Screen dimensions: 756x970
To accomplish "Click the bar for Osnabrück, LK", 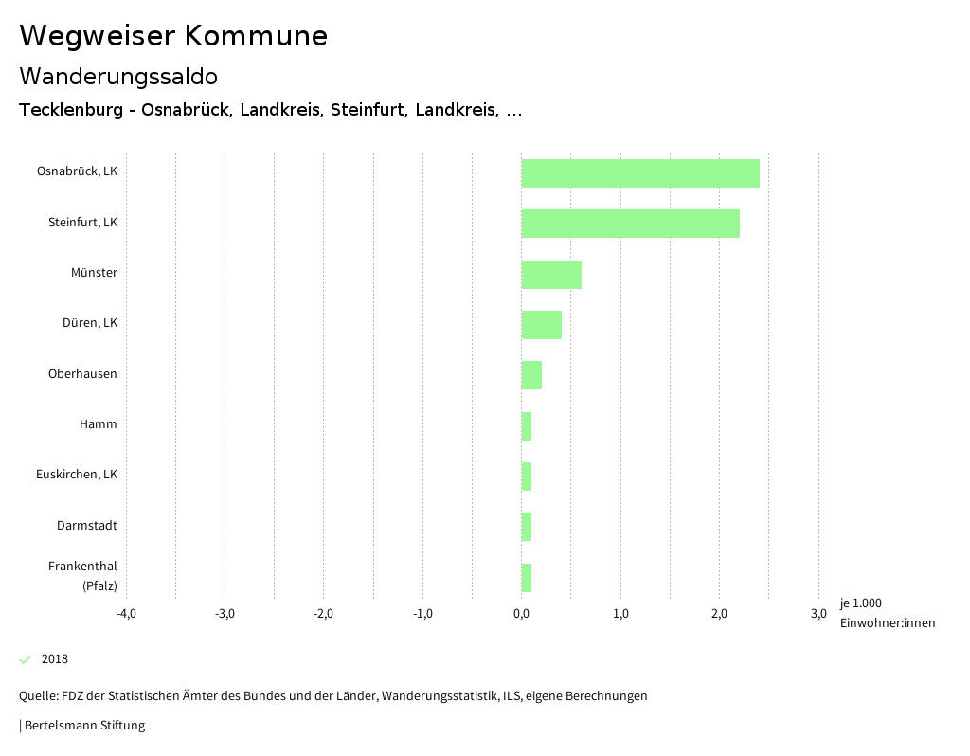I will tap(640, 173).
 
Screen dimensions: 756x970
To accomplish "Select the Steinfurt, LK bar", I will tap(630, 224).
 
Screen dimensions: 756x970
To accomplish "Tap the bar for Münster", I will tap(551, 275).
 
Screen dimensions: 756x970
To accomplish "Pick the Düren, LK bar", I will tap(541, 325).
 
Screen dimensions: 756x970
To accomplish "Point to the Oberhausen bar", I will tap(531, 375).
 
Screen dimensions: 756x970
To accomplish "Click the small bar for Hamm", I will tap(527, 426).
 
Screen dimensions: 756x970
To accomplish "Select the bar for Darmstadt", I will tap(527, 527).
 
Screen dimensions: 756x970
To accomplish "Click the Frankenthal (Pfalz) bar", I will tap(527, 578).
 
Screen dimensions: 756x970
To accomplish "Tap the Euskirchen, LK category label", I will tap(77, 475).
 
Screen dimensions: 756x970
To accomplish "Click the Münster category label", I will tap(94, 273).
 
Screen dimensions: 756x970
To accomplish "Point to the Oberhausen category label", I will tap(82, 374).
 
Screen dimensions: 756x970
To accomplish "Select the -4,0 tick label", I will tap(126, 614).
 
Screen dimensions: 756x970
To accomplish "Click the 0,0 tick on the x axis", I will tap(521, 614).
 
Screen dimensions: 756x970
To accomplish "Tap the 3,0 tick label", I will tap(818, 614).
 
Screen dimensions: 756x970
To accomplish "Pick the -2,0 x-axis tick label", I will tap(323, 614).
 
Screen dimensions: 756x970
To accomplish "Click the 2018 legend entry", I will tap(54, 659).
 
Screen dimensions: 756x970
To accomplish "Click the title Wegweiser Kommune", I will tap(173, 36).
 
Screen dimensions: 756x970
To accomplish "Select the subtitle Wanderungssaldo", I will tap(118, 76).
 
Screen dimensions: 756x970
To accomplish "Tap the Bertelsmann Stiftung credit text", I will tap(84, 726).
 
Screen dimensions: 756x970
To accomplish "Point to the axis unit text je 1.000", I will tap(860, 603).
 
